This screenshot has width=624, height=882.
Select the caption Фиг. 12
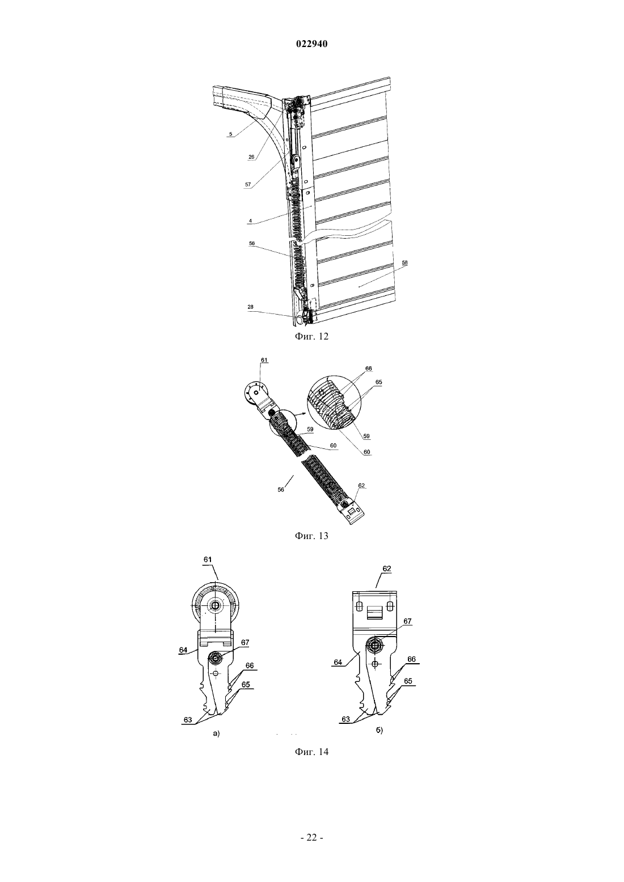coord(311,336)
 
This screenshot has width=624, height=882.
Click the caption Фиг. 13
coord(311,536)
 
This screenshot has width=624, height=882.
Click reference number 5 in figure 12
coord(231,134)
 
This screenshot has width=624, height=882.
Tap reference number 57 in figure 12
coord(248,184)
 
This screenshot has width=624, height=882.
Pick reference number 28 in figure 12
coord(251,307)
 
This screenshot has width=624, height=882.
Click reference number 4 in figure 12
coord(250,221)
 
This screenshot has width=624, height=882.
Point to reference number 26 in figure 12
coord(251,156)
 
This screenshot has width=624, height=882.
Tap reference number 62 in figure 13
coord(361,485)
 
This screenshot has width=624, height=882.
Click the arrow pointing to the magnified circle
coord(300,414)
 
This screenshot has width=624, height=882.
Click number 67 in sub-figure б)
coord(407,621)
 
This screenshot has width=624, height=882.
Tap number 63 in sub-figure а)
coord(188,720)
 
